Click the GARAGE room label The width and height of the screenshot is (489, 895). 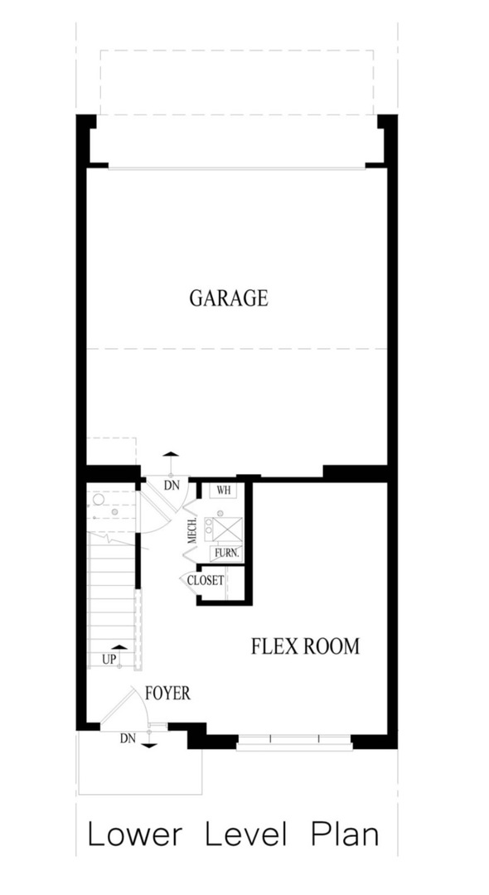pyautogui.click(x=229, y=298)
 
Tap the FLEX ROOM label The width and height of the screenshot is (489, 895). pyautogui.click(x=305, y=646)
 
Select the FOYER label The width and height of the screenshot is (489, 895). pyautogui.click(x=167, y=693)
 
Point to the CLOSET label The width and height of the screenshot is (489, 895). pyautogui.click(x=206, y=580)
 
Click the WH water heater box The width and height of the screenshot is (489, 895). pyautogui.click(x=222, y=490)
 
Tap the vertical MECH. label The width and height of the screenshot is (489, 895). pyautogui.click(x=191, y=529)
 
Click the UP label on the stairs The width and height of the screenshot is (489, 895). pyautogui.click(x=109, y=660)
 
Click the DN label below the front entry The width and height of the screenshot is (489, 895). pyautogui.click(x=127, y=738)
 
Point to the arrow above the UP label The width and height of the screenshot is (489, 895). pyautogui.click(x=119, y=646)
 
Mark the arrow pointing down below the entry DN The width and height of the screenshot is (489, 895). pyautogui.click(x=149, y=746)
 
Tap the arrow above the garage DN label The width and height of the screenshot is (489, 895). pyautogui.click(x=171, y=455)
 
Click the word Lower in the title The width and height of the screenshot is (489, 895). pyautogui.click(x=134, y=835)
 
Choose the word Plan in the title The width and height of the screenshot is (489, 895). pyautogui.click(x=345, y=835)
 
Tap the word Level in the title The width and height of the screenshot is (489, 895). pyautogui.click(x=246, y=835)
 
